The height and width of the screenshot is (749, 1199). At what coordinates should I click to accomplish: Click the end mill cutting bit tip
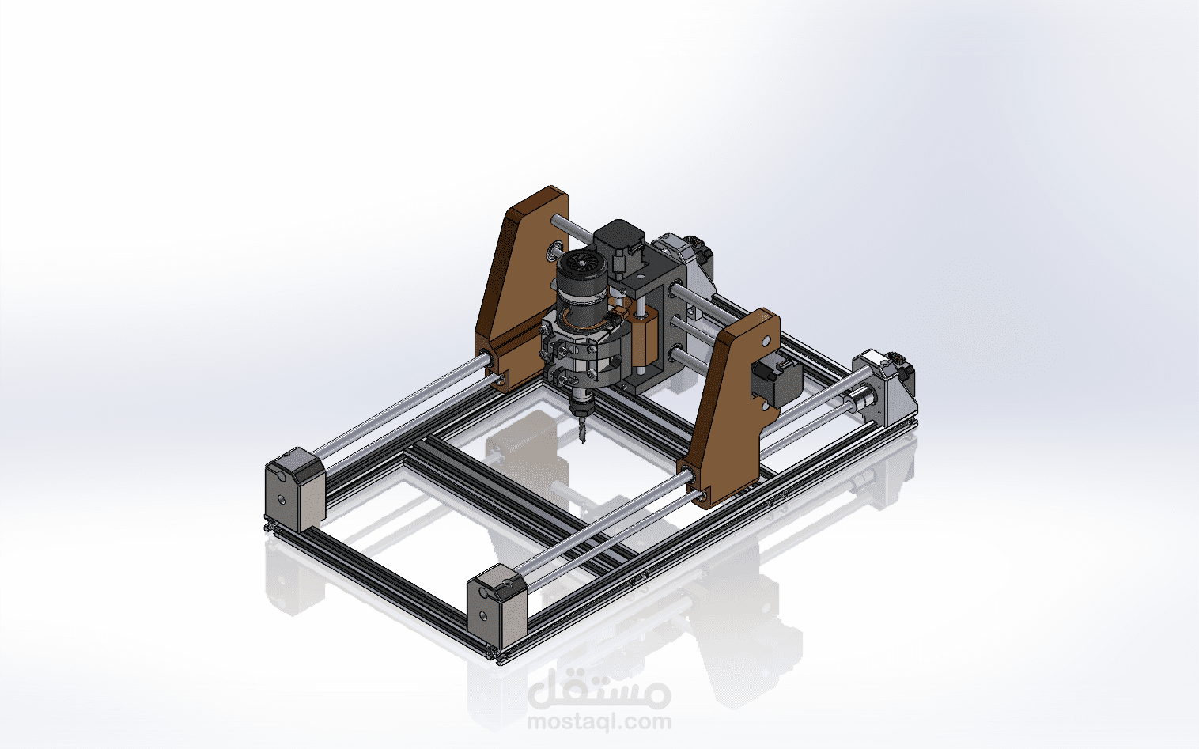pyautogui.click(x=584, y=437)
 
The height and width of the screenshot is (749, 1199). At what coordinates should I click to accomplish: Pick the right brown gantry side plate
pyautogui.click(x=732, y=403)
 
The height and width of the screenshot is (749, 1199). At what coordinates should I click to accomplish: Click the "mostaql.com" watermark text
pyautogui.click(x=599, y=721)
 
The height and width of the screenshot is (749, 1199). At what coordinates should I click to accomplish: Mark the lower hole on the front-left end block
pyautogui.click(x=281, y=500)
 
